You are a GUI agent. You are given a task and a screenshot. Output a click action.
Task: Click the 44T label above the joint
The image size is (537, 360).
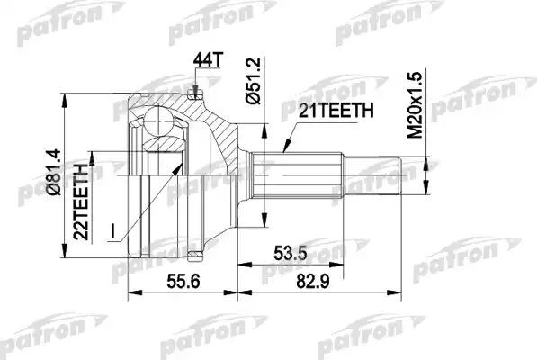[x=206, y=60]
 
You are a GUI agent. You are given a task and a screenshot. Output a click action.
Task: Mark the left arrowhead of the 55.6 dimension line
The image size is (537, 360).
[x=131, y=292]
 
